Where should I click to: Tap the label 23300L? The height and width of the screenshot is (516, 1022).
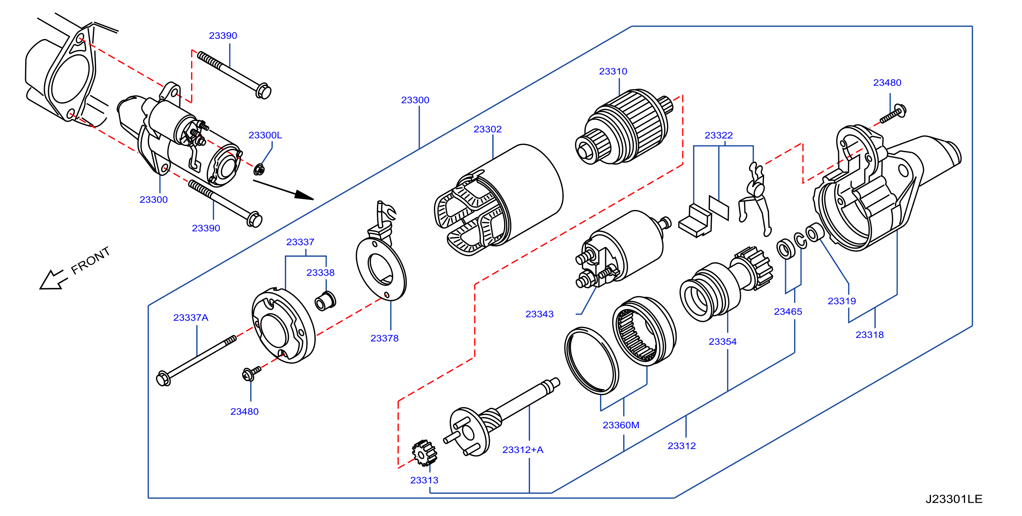tap(265, 136)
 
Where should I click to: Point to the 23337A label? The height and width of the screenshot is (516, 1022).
tap(190, 318)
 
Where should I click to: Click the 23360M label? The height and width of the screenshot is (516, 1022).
tap(620, 426)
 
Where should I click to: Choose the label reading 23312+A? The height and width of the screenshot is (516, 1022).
tap(522, 450)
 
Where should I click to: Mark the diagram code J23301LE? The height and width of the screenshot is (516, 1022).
tap(954, 499)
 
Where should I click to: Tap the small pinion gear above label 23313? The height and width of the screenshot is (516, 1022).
tap(424, 453)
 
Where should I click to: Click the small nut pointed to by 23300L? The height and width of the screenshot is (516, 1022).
tap(259, 170)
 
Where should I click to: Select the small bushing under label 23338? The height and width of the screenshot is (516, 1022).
tap(325, 301)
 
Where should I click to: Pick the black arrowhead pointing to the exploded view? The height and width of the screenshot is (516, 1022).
tap(304, 195)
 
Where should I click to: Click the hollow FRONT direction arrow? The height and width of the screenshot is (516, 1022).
tap(53, 280)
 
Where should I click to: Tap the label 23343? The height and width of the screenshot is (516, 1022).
tap(539, 314)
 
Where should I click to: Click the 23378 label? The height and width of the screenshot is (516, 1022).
tap(384, 338)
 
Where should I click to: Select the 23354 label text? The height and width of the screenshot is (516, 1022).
tap(723, 342)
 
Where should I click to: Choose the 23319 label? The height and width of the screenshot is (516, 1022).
tap(841, 301)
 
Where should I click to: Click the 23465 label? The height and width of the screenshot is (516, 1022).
tap(788, 312)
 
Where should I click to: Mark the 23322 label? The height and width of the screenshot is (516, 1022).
tap(718, 136)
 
